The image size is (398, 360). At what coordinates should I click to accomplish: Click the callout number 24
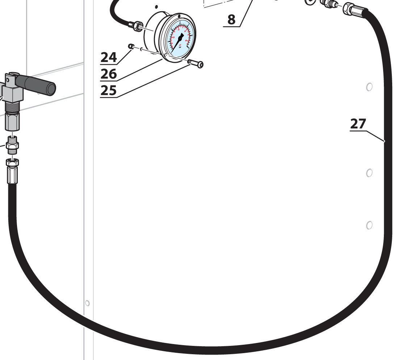click(109, 57)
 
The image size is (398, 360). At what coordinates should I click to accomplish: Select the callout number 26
click(109, 74)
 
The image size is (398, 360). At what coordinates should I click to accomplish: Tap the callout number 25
click(109, 90)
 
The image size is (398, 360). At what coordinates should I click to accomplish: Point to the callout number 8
click(231, 20)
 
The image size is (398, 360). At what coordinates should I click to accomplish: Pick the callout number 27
click(358, 124)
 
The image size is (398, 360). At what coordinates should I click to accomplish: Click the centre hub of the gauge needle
click(180, 38)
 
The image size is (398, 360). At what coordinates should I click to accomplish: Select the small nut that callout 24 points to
click(131, 46)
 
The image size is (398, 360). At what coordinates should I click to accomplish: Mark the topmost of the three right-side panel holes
click(369, 87)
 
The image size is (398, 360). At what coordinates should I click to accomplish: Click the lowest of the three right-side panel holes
click(369, 225)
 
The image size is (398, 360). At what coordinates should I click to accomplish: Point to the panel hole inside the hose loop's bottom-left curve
click(87, 303)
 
